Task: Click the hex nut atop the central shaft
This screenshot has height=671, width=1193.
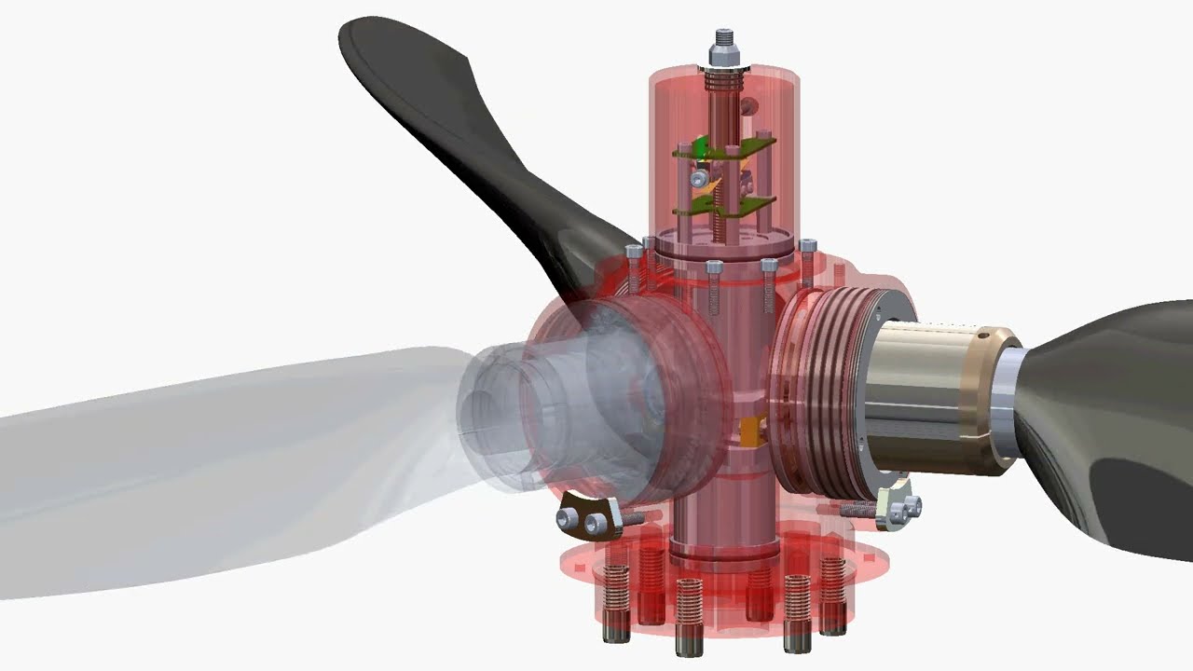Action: [723, 58]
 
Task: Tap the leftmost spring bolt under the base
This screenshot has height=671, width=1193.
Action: [615, 596]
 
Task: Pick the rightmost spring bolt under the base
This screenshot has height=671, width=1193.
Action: [832, 596]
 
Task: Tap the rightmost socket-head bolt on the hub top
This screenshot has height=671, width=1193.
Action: [807, 247]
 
